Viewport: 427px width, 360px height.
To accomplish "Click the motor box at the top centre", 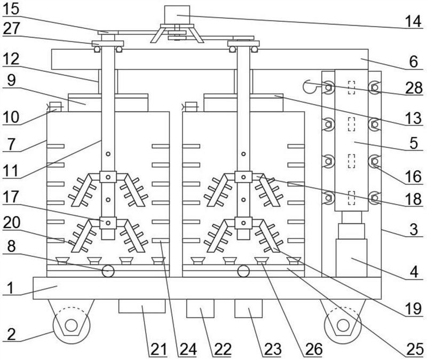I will pyautogui.click(x=177, y=14).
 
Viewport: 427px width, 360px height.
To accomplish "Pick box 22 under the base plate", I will pyautogui.click(x=200, y=309).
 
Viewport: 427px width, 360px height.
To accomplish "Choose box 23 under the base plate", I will pyautogui.click(x=249, y=309).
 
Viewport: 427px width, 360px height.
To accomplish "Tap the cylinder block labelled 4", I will pyautogui.click(x=351, y=257).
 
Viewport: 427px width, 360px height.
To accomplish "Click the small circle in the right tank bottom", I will pyautogui.click(x=243, y=271).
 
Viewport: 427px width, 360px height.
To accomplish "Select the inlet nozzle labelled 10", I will pyautogui.click(x=54, y=107).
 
